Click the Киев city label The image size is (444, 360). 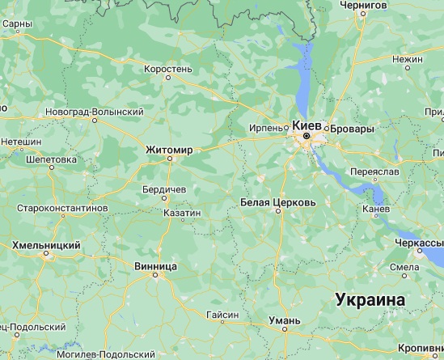(307, 125)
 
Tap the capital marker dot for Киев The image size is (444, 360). (307, 138)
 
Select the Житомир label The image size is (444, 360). (168, 150)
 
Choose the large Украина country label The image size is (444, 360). (370, 299)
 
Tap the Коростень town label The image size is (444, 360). (167, 69)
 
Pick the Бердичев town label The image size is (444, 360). (163, 188)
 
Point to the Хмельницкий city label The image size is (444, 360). (46, 244)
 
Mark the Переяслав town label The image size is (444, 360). (378, 172)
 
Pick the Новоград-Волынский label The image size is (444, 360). (95, 111)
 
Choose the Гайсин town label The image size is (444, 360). (222, 314)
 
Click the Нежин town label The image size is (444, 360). (407, 59)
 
